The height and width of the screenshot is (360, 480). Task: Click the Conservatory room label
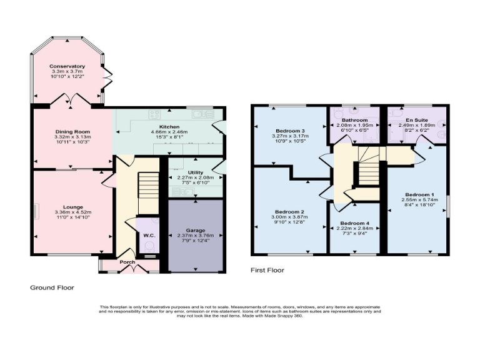tap(69, 66)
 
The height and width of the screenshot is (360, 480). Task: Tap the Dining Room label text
tap(73, 132)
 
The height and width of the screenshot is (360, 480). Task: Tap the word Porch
tap(128, 262)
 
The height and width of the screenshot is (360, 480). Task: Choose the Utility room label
tap(196, 171)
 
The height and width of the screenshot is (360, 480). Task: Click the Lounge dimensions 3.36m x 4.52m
tap(72, 212)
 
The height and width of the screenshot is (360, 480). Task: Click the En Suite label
tap(417, 119)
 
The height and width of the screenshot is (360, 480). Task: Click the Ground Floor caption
tap(52, 287)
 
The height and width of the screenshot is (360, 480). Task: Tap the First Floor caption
tap(267, 270)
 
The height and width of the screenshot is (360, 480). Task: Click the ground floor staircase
tap(148, 186)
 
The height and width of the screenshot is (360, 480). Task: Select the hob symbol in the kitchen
tap(154, 114)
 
